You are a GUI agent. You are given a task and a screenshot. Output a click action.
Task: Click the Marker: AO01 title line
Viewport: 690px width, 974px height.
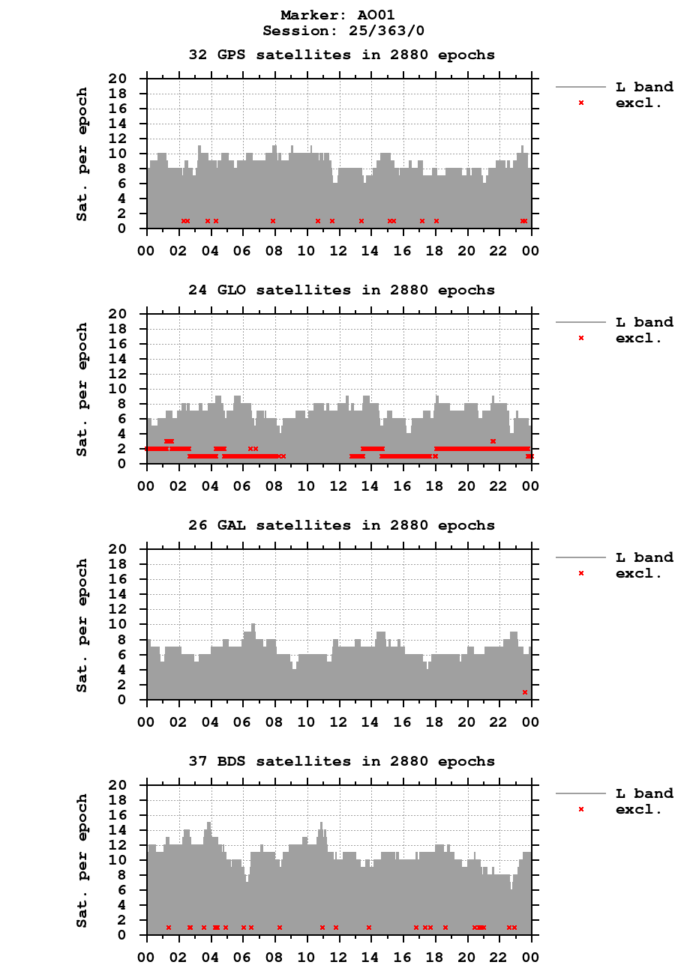pyautogui.click(x=337, y=15)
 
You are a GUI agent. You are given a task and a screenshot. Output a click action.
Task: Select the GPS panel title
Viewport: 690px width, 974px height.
pyautogui.click(x=341, y=55)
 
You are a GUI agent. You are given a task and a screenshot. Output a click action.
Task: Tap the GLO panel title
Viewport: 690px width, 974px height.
pyautogui.click(x=341, y=290)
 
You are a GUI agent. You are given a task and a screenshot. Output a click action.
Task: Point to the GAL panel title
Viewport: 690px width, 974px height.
pyautogui.click(x=341, y=525)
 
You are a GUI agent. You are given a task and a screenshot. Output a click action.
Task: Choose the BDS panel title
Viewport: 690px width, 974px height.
pyautogui.click(x=341, y=761)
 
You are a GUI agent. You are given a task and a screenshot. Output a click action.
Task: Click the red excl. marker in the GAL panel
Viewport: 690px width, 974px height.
pyautogui.click(x=525, y=692)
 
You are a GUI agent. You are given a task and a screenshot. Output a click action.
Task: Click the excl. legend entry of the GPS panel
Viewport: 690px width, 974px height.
pyautogui.click(x=638, y=103)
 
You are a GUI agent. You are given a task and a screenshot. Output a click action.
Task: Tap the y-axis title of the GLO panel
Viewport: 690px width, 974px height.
pyautogui.click(x=82, y=389)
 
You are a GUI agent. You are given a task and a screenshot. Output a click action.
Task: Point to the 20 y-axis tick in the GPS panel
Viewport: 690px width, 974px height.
pyautogui.click(x=127, y=79)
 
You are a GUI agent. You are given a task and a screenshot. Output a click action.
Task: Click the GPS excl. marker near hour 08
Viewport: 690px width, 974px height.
pyautogui.click(x=273, y=221)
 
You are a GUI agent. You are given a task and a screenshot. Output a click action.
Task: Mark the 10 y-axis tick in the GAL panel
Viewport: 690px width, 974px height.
pyautogui.click(x=127, y=624)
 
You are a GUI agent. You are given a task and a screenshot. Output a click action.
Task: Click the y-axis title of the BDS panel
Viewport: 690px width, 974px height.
pyautogui.click(x=82, y=860)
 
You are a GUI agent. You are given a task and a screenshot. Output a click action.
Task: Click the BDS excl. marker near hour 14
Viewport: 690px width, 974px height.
pyautogui.click(x=369, y=928)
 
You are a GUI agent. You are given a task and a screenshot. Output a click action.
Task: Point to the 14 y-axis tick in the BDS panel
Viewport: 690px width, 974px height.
pyautogui.click(x=127, y=830)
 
